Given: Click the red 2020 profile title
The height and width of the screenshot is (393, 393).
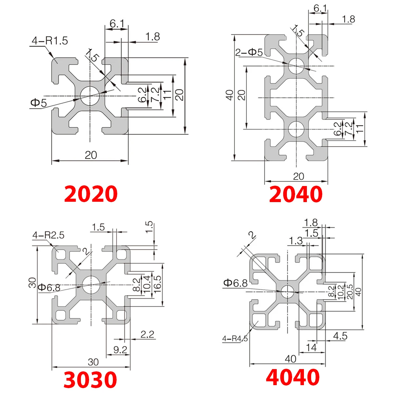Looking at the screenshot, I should [91, 194].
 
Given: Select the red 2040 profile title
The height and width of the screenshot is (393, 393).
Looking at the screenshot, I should [296, 194].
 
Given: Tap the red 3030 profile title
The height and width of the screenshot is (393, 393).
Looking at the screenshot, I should [90, 380].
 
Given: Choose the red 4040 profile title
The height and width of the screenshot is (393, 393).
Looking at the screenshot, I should [292, 377].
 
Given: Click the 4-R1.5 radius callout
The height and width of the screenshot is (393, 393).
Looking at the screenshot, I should [49, 41].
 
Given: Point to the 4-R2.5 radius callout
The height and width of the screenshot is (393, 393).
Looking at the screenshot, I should [48, 235].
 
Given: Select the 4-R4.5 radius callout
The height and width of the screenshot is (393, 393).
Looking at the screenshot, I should [235, 339].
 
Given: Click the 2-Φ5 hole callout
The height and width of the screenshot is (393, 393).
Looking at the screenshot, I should [249, 52].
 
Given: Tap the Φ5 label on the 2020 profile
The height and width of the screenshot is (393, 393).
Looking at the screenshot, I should [39, 103].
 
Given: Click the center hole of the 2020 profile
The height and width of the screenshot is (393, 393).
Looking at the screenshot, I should [89, 96].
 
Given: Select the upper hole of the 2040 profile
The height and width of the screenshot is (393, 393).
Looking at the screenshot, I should [296, 65].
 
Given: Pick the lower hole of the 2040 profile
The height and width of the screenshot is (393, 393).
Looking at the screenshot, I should [296, 129].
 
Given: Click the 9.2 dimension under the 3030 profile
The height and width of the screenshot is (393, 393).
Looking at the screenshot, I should [120, 350].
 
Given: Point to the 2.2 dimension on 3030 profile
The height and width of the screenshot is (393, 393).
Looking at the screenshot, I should [147, 334].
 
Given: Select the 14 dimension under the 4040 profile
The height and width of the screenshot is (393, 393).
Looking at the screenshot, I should [311, 347].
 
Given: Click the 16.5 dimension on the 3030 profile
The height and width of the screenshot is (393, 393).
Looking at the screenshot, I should [158, 284].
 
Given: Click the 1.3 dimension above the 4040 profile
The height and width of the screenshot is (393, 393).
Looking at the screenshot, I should [296, 241].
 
